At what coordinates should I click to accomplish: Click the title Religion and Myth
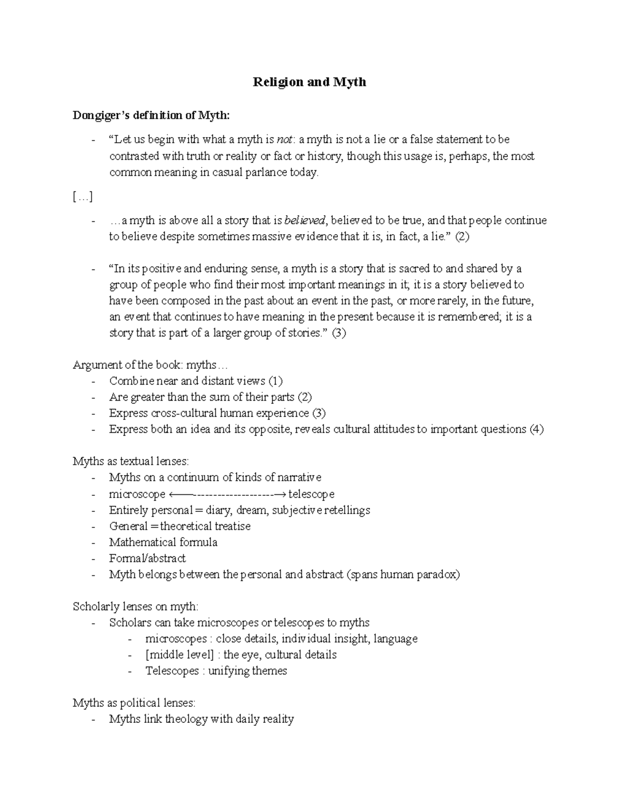(309, 82)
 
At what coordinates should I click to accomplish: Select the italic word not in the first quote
(284, 140)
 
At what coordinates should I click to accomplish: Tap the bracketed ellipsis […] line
(83, 196)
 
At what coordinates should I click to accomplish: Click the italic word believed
(305, 221)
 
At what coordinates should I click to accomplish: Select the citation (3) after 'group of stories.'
(338, 333)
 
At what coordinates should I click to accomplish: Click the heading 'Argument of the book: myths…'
(150, 365)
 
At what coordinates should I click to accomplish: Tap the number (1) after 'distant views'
(275, 381)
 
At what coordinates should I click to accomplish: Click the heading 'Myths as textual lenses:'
(131, 461)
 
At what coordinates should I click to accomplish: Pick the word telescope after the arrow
(312, 494)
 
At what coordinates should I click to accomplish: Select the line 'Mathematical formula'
(163, 542)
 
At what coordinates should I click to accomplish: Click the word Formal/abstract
(147, 558)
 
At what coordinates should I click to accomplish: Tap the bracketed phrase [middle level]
(180, 655)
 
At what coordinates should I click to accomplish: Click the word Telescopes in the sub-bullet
(172, 671)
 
